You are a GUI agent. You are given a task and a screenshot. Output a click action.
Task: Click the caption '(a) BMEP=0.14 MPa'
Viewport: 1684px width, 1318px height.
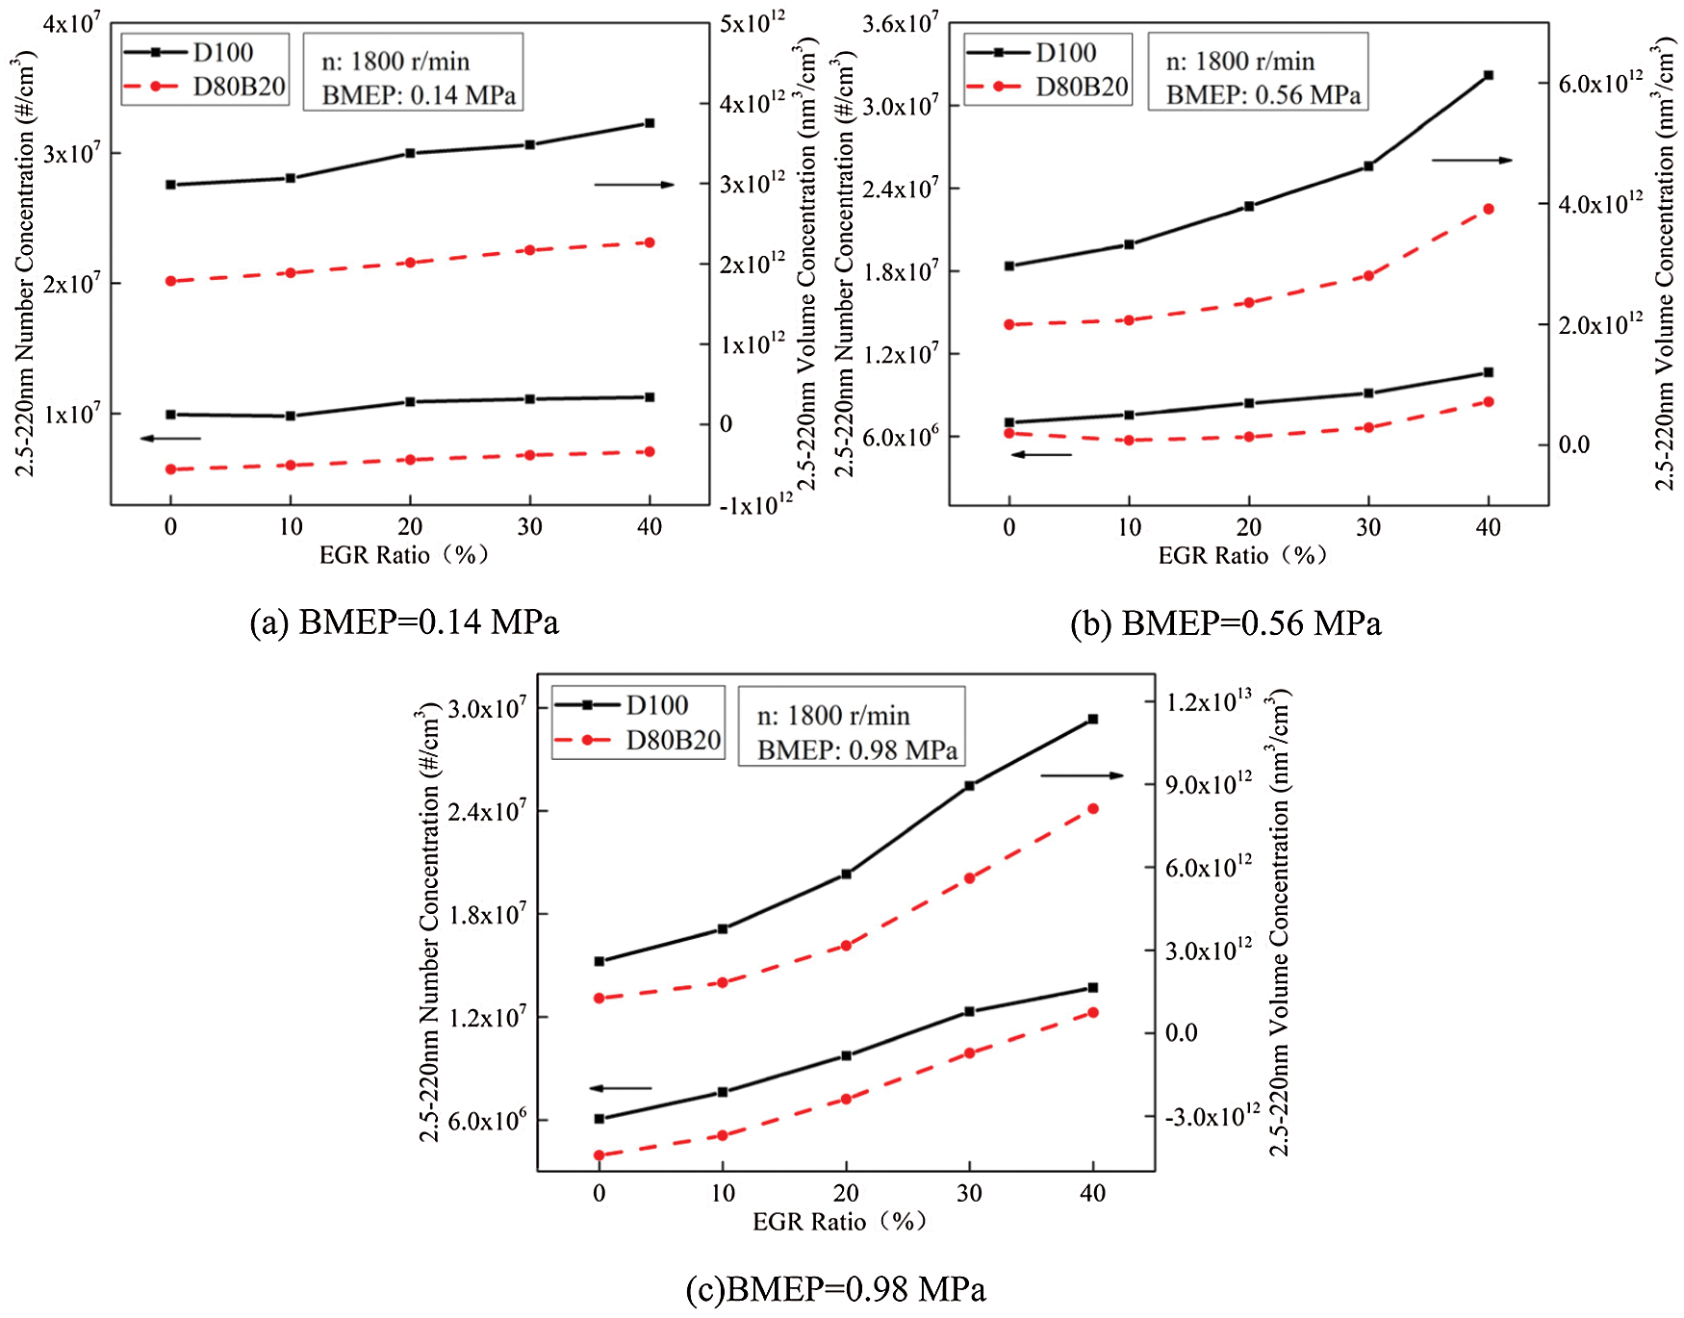(x=404, y=622)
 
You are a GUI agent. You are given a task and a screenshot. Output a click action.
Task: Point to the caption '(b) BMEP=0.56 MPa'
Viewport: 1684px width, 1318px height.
(x=1225, y=623)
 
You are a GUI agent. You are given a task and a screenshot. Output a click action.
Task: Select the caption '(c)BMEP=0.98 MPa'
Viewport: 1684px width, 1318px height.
(x=835, y=1288)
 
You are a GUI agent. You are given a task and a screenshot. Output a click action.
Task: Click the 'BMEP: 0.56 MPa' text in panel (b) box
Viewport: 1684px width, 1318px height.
(x=1263, y=95)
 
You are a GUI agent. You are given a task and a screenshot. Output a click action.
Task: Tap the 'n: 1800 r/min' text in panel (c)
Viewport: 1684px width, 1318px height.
(x=833, y=716)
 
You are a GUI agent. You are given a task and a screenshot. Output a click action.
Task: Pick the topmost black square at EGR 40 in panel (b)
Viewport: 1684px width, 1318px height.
(x=1488, y=75)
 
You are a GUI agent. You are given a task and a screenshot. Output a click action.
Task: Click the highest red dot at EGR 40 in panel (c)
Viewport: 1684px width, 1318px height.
(x=1092, y=809)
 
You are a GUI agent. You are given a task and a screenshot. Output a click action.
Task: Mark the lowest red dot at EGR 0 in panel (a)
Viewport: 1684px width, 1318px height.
(x=171, y=469)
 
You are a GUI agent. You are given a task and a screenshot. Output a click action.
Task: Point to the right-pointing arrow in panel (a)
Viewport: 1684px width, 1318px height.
(x=633, y=185)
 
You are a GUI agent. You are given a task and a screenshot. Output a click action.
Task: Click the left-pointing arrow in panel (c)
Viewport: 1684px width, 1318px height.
(x=621, y=1088)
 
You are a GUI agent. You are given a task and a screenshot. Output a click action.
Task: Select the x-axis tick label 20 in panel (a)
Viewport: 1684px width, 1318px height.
(x=410, y=527)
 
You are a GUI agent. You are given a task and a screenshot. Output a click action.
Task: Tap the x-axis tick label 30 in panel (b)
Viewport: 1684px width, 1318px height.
(x=1367, y=527)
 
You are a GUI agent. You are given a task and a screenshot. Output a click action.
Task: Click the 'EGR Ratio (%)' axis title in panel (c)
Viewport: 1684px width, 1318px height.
(x=838, y=1222)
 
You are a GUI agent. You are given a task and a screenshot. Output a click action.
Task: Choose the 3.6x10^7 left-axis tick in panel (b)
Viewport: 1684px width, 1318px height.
(x=900, y=23)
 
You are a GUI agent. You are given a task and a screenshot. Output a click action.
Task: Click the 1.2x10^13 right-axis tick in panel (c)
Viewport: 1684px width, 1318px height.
(x=1209, y=701)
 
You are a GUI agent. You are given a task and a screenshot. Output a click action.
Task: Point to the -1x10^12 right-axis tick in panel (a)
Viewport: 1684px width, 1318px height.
(x=755, y=503)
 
